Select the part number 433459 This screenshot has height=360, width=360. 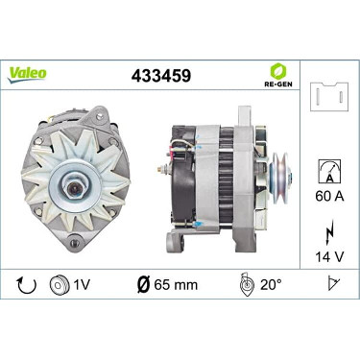161,76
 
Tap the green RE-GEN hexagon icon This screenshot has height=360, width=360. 278,71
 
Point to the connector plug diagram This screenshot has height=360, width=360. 329,97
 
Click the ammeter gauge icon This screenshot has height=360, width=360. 329,172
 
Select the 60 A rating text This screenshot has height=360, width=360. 329,196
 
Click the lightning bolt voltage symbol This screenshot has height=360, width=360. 329,231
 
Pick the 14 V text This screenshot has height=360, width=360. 329,256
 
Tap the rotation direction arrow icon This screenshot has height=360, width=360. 27,284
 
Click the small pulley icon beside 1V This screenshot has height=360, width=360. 60,284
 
